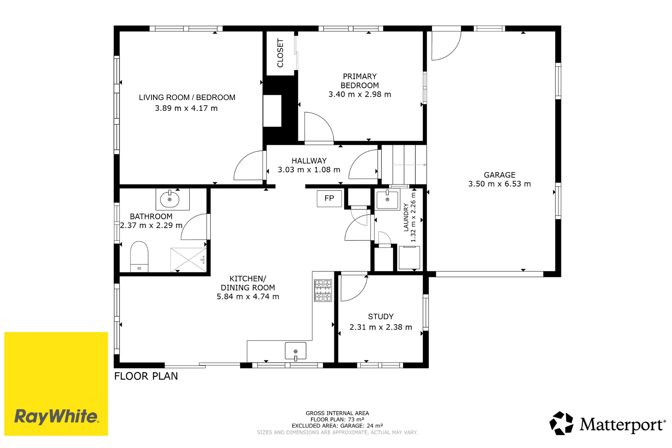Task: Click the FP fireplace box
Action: pyautogui.click(x=329, y=198)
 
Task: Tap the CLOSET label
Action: pyautogui.click(x=280, y=53)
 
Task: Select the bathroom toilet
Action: pyautogui.click(x=139, y=256)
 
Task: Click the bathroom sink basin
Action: pyautogui.click(x=170, y=199)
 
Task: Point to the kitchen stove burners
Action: pyautogui.click(x=323, y=290)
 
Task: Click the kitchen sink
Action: pyautogui.click(x=296, y=351)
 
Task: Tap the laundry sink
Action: pyautogui.click(x=388, y=200)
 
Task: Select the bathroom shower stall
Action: pyautogui.click(x=189, y=260)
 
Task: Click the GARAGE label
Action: pyautogui.click(x=500, y=175)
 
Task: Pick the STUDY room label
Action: pyautogui.click(x=381, y=317)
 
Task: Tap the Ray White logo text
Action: pyautogui.click(x=56, y=416)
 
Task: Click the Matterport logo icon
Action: pyautogui.click(x=561, y=423)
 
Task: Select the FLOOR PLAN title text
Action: pyautogui.click(x=146, y=376)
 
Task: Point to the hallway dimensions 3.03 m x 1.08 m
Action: pyautogui.click(x=309, y=170)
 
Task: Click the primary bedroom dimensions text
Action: pyautogui.click(x=360, y=94)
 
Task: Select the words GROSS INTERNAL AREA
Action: pyautogui.click(x=337, y=413)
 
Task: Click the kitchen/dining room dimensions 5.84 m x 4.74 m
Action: pyautogui.click(x=248, y=297)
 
